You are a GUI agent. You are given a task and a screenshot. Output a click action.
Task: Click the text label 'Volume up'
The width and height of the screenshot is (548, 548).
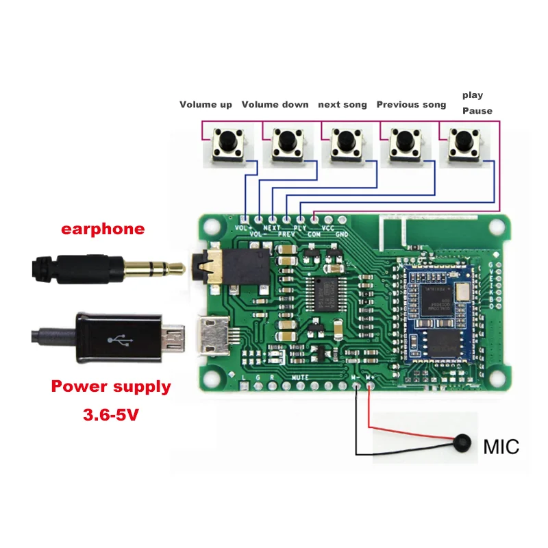pos(206,105)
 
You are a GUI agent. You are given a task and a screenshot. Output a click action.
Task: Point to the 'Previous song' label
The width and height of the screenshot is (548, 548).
pos(411,105)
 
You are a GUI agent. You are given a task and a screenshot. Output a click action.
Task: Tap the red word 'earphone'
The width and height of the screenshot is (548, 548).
pos(103,229)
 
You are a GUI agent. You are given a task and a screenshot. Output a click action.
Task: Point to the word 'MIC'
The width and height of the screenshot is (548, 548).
pos(501,447)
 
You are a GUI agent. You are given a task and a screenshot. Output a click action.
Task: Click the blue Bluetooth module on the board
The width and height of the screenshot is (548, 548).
pos(440,308)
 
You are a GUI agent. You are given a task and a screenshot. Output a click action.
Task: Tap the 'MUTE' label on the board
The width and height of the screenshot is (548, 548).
pos(299,377)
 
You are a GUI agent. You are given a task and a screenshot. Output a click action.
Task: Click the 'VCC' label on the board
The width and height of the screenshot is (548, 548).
pos(327,226)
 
